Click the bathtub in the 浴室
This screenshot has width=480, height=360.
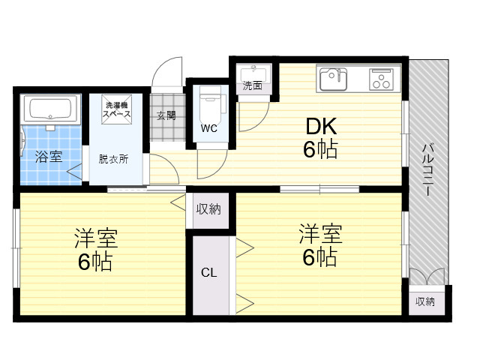coord(50,109)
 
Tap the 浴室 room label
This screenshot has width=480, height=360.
coord(49,157)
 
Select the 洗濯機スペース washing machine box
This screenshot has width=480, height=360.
coord(117,109)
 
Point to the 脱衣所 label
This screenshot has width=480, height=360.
coord(113,159)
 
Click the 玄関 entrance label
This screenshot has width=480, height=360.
coord(166,115)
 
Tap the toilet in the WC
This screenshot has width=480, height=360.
coord(210,104)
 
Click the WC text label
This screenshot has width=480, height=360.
coord(209,128)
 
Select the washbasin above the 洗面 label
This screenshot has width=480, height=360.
coord(253,73)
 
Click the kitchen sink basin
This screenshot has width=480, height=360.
coord(333,79)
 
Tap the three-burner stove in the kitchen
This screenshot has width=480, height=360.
coord(382,79)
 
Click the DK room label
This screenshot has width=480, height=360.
coord(321,126)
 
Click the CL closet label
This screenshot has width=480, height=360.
coord(209,272)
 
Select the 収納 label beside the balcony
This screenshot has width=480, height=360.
coord(425,301)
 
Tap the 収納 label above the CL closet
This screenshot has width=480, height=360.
coord(208,209)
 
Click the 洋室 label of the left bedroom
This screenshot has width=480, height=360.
coord(96,238)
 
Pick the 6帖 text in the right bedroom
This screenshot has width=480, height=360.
coord(320,257)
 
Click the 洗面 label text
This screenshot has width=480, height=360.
coord(253,86)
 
